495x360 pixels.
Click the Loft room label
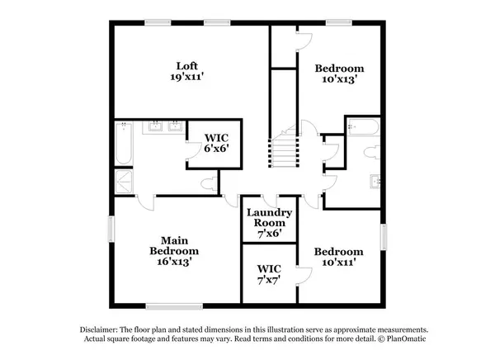pos(187,66)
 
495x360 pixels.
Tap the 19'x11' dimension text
pos(187,77)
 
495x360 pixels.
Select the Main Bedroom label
pos(174,245)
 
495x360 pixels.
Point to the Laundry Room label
pos(269,217)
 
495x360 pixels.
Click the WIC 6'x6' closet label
pos(216,143)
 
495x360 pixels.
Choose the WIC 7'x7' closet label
pos(269,274)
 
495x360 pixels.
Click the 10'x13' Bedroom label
pos(339,73)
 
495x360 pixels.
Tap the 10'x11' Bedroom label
pos(339,257)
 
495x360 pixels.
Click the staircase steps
pos(284,153)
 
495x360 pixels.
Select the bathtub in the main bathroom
pos(124,143)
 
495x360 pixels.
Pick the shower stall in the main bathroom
pos(124,182)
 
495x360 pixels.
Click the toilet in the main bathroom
pos(210,183)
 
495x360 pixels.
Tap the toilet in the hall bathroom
pos(372,152)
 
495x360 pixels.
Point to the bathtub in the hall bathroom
pos(363,127)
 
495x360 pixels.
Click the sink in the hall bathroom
pos(375,182)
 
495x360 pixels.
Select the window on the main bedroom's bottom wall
pos(174,306)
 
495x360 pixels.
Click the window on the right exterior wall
pos(384,237)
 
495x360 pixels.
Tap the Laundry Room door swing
pos(269,201)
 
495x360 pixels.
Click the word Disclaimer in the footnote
pos(99,329)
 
